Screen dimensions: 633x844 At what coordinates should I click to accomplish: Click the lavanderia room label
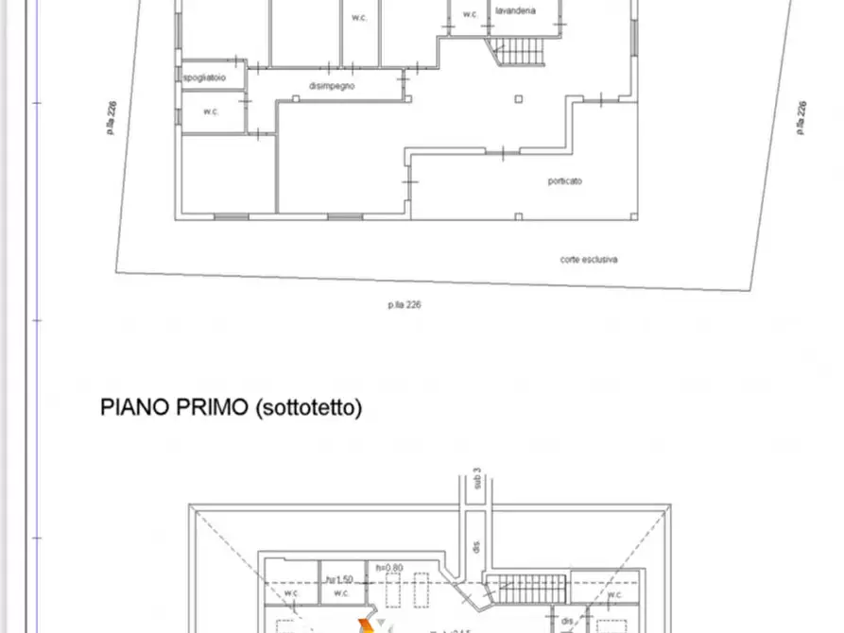click(x=515, y=10)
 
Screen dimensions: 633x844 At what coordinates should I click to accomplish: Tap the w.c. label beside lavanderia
click(x=470, y=14)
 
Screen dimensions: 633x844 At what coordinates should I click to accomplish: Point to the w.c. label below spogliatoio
click(x=211, y=111)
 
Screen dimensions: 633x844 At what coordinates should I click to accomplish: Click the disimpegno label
click(x=331, y=86)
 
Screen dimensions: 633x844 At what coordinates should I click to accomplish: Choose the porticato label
click(x=564, y=181)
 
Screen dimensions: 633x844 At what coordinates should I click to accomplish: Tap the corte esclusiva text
click(x=589, y=259)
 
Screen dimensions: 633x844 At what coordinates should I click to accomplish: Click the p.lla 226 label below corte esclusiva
click(x=404, y=304)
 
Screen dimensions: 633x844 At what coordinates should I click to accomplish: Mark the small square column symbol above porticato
click(x=517, y=97)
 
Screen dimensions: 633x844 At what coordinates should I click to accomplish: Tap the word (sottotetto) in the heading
click(x=308, y=408)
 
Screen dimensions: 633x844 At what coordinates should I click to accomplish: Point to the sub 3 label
click(x=478, y=485)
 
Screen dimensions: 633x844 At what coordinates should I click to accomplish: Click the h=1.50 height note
click(x=340, y=579)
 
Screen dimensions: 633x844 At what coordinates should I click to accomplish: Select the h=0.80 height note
click(x=389, y=568)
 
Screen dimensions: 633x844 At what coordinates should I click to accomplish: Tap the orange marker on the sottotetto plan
click(x=365, y=624)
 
